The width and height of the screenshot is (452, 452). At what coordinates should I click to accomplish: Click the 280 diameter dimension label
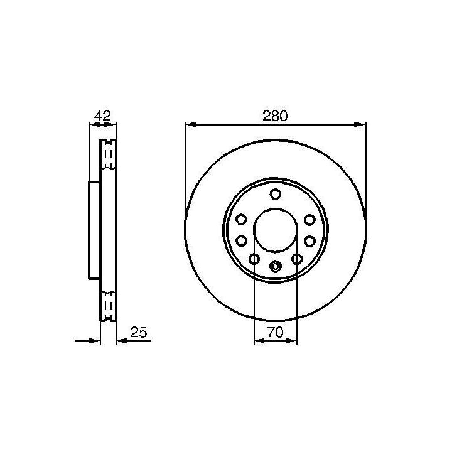coord(275,116)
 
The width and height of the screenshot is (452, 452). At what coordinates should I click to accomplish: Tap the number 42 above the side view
coord(102,116)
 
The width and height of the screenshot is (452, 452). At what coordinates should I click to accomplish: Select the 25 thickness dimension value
coord(139,332)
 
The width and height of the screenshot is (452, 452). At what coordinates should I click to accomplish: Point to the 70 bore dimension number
coord(276,332)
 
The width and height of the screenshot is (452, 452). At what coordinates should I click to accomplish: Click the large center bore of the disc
coord(276,230)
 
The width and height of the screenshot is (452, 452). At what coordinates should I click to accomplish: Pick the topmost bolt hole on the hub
coord(276,194)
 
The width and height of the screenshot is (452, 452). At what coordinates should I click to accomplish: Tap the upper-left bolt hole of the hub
coord(241,219)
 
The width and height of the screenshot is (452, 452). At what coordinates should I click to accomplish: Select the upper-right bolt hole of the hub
coord(309,220)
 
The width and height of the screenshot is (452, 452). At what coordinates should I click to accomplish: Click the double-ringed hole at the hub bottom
coord(276,266)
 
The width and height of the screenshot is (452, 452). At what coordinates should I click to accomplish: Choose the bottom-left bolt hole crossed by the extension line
coord(254,259)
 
